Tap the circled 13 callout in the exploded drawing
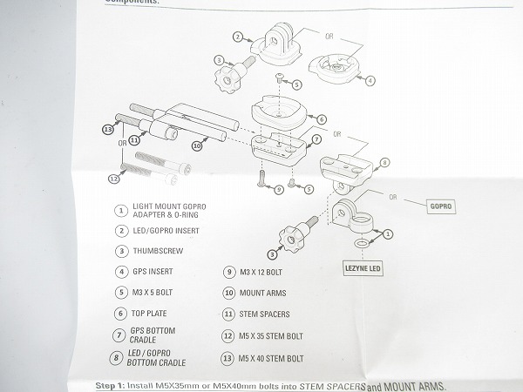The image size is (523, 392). click(107, 129)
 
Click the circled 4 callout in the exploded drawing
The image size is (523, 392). click(370, 80)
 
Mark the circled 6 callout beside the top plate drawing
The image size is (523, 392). click(322, 118)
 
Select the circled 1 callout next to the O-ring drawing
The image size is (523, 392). click(388, 233)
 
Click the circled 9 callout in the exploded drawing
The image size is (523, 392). click(277, 188)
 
